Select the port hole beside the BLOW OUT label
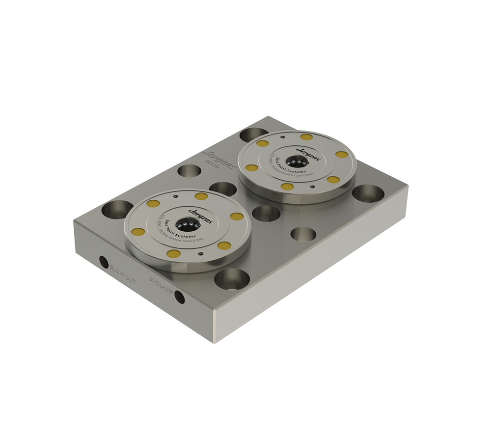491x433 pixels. tap(104, 262)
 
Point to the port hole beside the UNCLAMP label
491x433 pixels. tap(180, 297)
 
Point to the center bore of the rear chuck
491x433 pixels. tap(296, 162)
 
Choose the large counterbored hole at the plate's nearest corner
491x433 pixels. tap(232, 279)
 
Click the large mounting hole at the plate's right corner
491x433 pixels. tap(368, 193)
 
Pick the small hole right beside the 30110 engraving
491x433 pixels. tap(190, 171)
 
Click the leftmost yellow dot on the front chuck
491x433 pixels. tap(138, 232)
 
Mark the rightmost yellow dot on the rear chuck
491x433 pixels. tap(342, 155)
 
